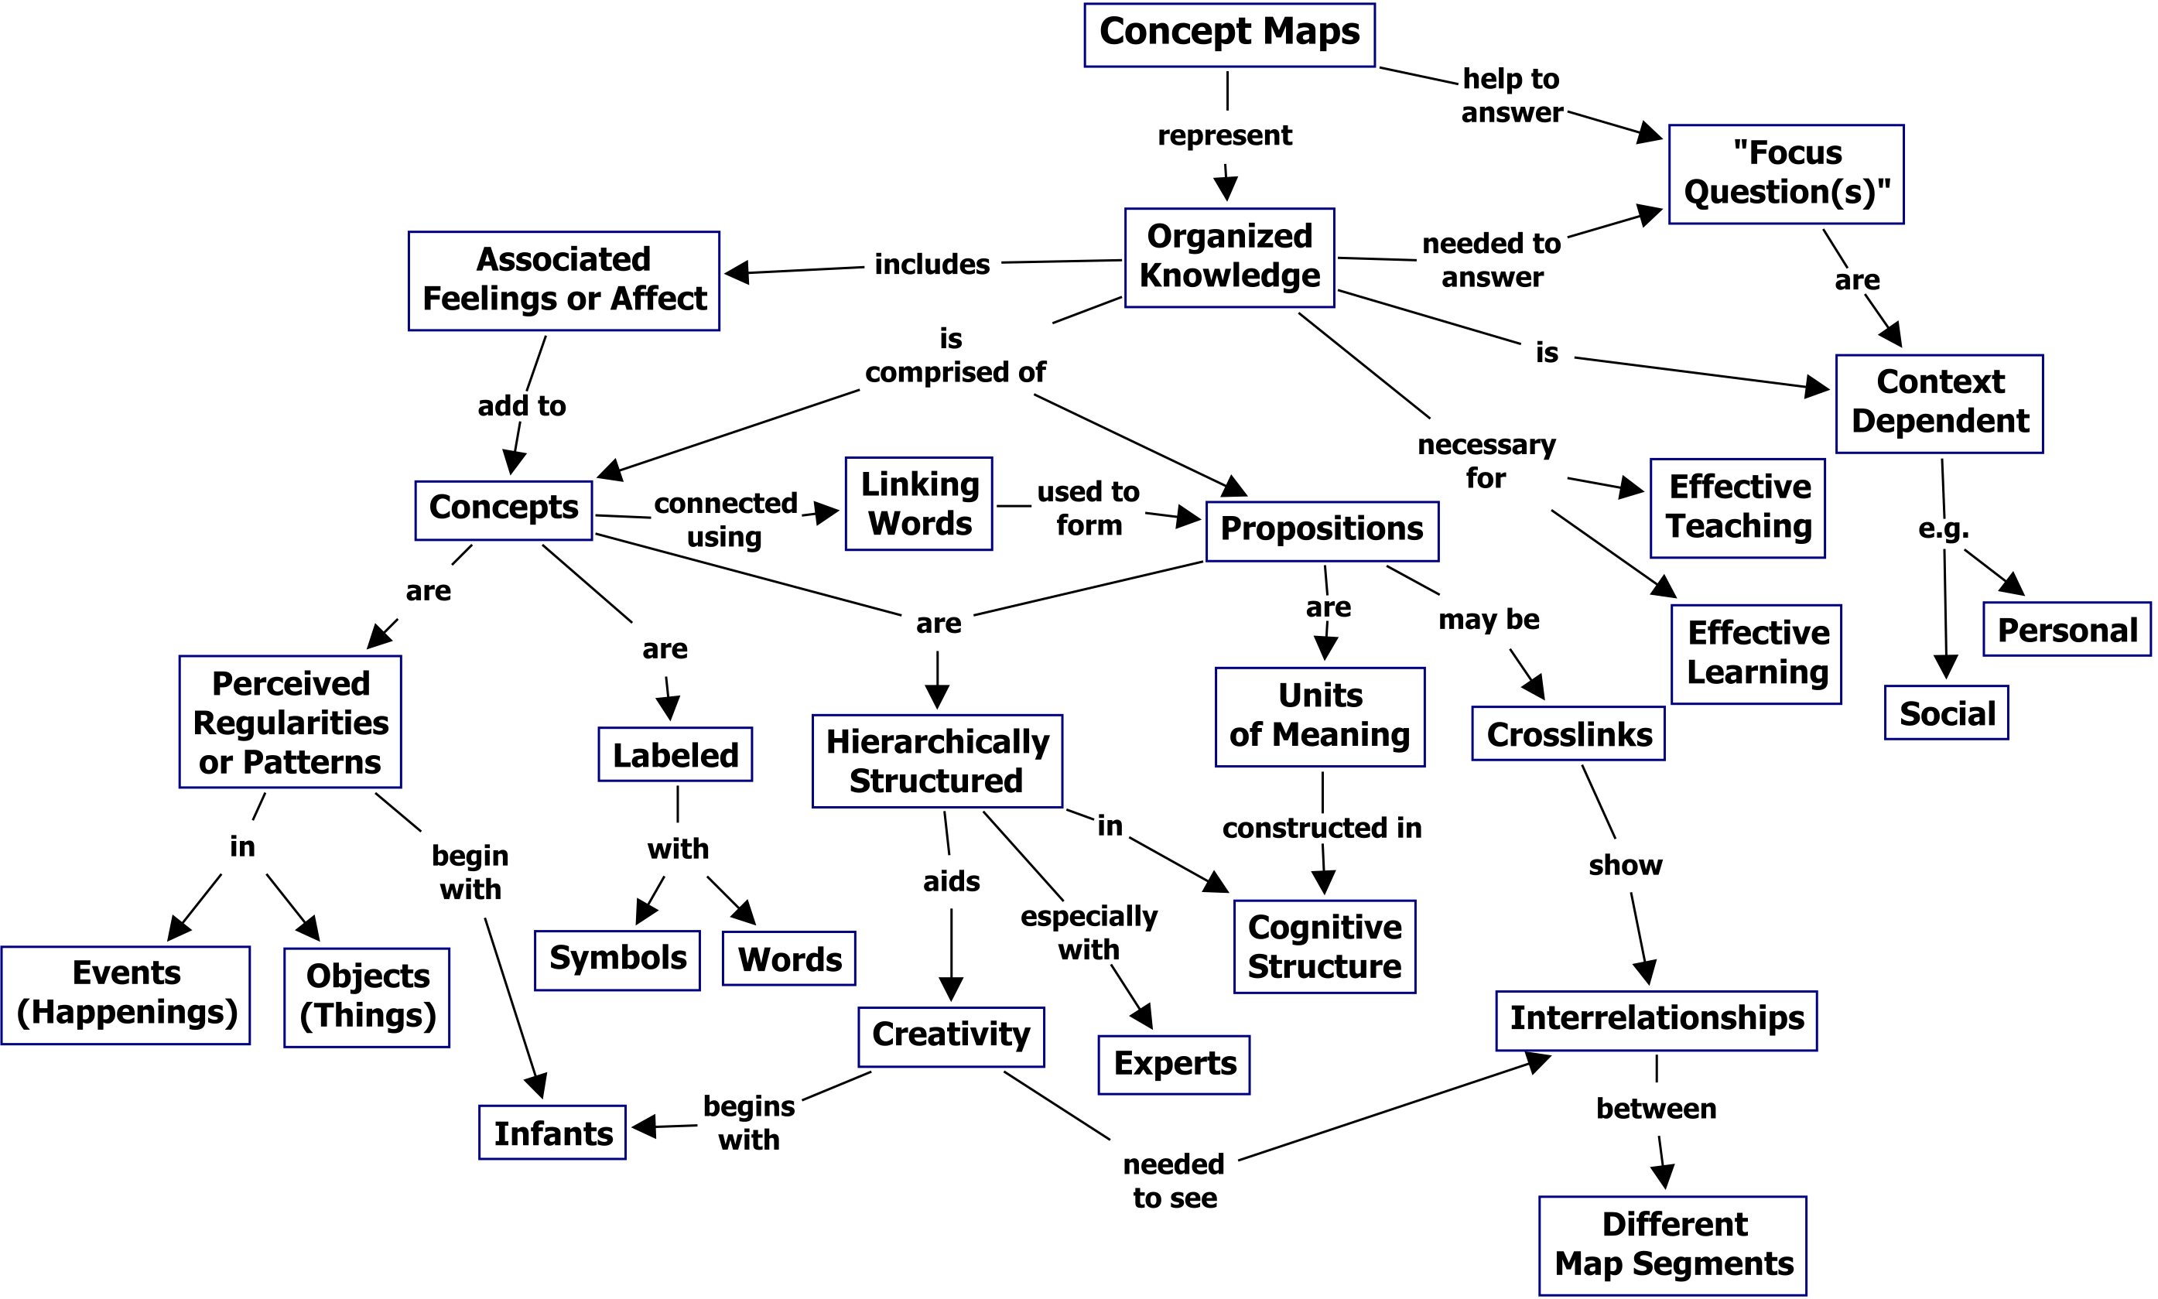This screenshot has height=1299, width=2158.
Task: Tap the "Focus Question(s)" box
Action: pos(1785,173)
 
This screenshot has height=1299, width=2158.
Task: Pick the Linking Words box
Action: pos(918,504)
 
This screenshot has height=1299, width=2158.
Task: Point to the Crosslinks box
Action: pos(1568,733)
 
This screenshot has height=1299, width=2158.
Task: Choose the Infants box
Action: pos(552,1133)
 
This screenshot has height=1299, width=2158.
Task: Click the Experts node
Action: pos(1173,1065)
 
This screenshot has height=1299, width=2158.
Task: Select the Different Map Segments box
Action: pos(1672,1245)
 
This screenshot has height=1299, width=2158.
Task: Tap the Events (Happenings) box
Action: pos(126,994)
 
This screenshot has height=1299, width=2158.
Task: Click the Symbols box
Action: pos(617,959)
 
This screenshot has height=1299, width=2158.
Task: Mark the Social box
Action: pos(1945,713)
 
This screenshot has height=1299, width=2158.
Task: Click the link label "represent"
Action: pos(1224,135)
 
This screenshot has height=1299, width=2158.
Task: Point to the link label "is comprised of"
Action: pos(954,355)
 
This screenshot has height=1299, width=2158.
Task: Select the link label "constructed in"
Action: pos(1321,827)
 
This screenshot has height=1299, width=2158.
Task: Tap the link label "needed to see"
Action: pos(1174,1181)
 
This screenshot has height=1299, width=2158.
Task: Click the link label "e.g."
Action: pos(1943,528)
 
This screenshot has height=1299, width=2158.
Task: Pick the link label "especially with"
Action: pos(1088,932)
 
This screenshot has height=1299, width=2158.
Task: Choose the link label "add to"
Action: pos(522,406)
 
